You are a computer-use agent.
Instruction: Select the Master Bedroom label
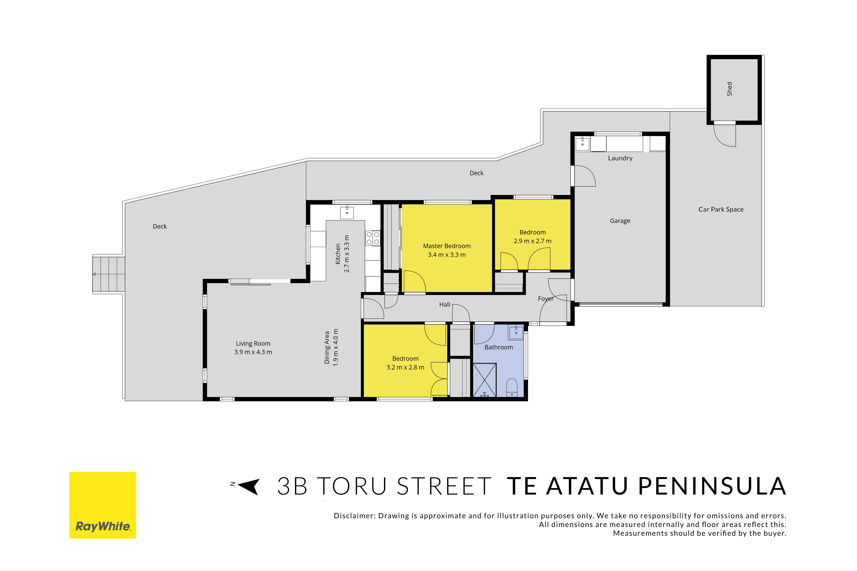[x=447, y=246]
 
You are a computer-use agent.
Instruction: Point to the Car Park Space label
[x=721, y=209]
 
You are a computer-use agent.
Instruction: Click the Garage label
[x=620, y=221]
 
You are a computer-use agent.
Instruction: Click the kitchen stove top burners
[x=373, y=238]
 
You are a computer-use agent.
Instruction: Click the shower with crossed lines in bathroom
[x=485, y=380]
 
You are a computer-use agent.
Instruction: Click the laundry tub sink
[x=582, y=144]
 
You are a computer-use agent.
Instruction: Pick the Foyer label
[x=545, y=299]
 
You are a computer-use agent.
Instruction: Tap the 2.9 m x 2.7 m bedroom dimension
[x=532, y=241]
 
